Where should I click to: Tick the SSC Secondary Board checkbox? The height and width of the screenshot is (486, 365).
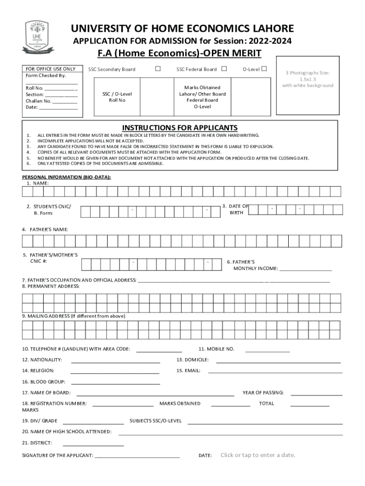pyautogui.click(x=158, y=69)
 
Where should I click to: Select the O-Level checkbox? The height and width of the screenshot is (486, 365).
pyautogui.click(x=264, y=69)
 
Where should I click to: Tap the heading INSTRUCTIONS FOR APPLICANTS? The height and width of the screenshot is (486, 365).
pyautogui.click(x=180, y=128)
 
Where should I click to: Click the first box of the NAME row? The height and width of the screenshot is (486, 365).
pyautogui.click(x=27, y=191)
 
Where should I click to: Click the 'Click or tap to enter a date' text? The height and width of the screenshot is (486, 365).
pyautogui.click(x=257, y=455)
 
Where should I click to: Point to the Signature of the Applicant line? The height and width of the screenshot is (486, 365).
pyautogui.click(x=137, y=457)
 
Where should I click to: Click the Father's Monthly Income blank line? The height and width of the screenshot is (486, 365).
pyautogui.click(x=306, y=270)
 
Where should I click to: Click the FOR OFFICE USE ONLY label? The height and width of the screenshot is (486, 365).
pyautogui.click(x=50, y=69)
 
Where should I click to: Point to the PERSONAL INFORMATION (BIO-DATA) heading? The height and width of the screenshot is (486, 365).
pyautogui.click(x=67, y=177)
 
